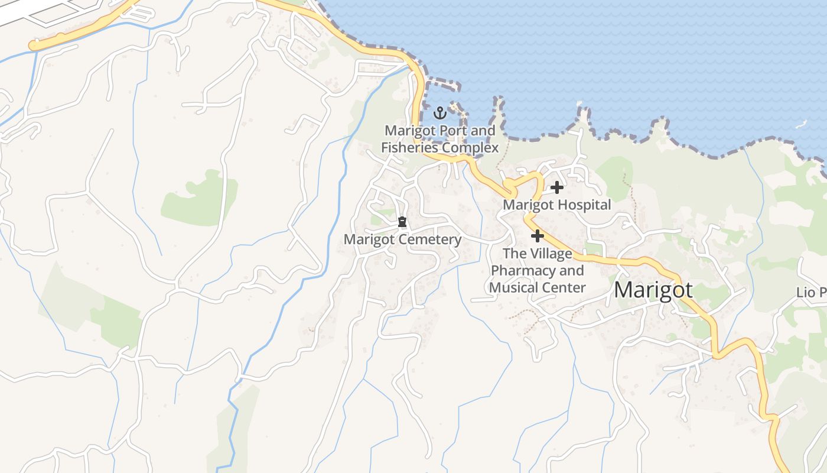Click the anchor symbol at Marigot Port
(440, 112)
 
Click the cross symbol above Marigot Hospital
(556, 188)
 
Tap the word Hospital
(582, 205)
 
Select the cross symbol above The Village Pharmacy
(537, 236)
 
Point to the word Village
(549, 254)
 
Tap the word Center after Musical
(565, 288)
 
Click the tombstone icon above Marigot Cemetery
(402, 222)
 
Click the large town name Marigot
(653, 290)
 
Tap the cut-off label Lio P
(811, 293)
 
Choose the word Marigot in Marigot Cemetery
(370, 239)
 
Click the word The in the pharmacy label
(513, 254)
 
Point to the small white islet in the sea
(801, 124)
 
